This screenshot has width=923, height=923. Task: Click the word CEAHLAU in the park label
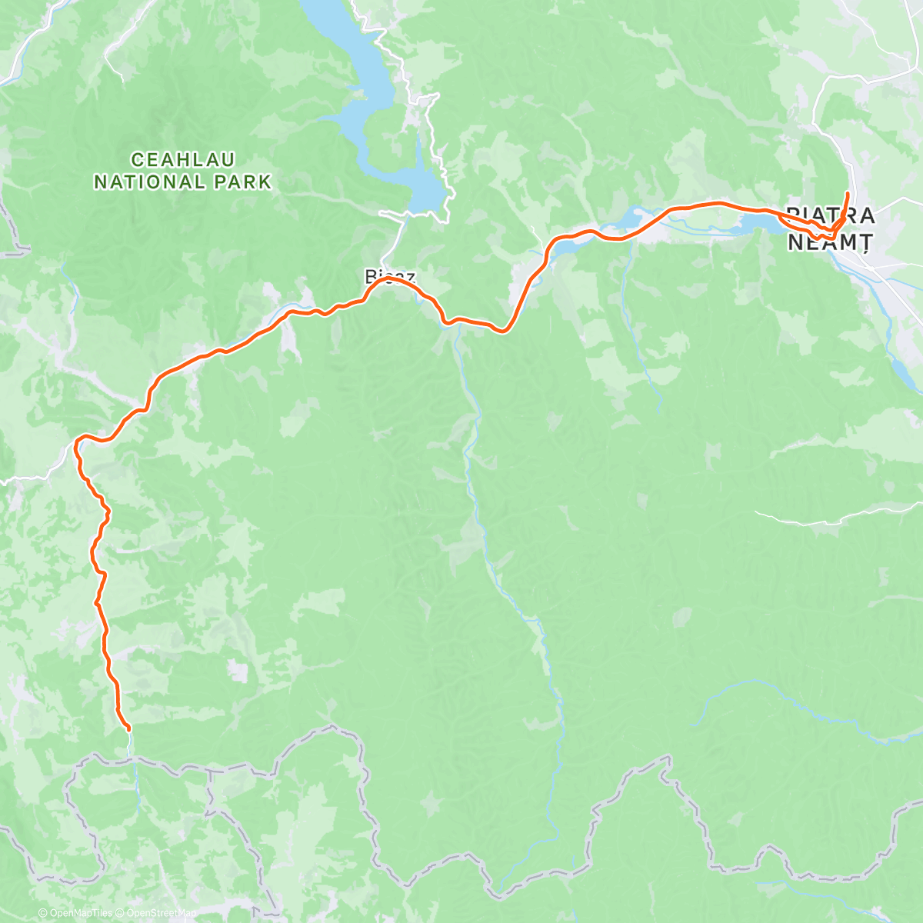[x=183, y=160]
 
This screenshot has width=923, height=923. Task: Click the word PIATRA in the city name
[x=830, y=215]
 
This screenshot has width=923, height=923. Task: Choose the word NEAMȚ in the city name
[x=830, y=242]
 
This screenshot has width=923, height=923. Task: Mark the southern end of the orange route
[x=128, y=728]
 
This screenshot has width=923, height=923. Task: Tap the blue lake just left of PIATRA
[x=758, y=224]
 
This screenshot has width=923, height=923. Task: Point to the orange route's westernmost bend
[x=76, y=442]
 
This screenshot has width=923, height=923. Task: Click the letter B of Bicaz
[x=371, y=276]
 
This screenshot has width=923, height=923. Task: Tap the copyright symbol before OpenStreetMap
[x=121, y=913]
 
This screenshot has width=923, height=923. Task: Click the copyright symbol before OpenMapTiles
[x=42, y=913]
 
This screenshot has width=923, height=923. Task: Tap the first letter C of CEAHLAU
[x=138, y=160]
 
